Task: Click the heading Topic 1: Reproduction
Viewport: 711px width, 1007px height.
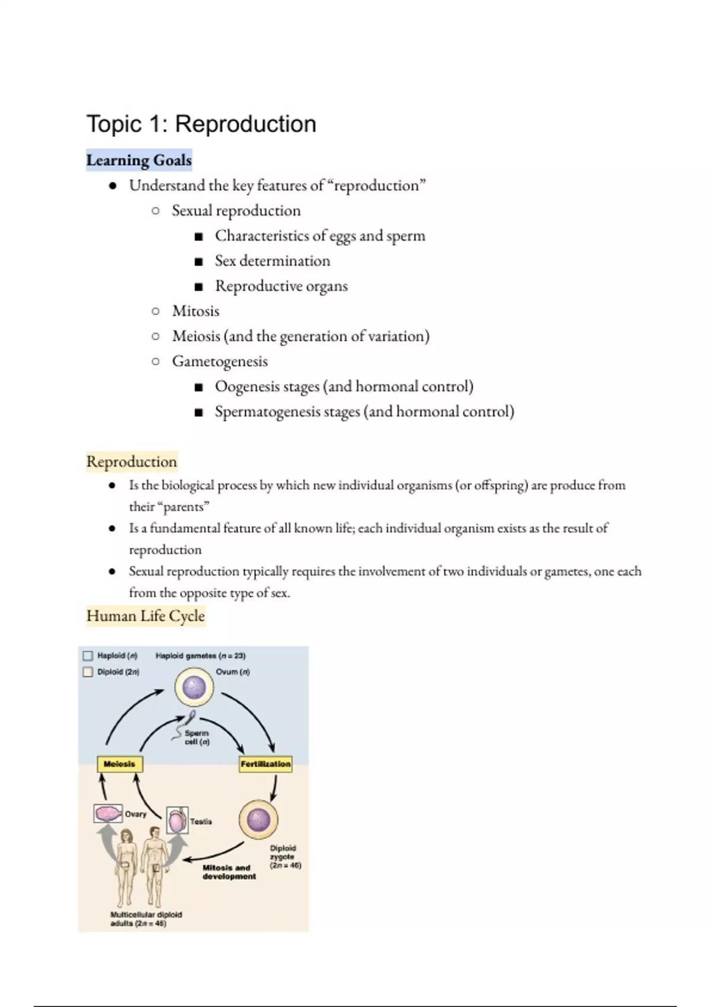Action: tap(201, 124)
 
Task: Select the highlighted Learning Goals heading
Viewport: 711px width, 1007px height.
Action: tap(139, 161)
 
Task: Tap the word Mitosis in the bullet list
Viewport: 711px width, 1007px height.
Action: tap(196, 311)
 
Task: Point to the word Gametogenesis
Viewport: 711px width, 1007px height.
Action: tap(220, 361)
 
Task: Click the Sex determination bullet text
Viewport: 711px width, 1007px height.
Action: tap(273, 261)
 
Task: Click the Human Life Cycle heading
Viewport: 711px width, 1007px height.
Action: tap(146, 616)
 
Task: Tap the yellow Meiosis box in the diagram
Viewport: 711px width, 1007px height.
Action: tap(120, 764)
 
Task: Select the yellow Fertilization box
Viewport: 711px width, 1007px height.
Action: tap(265, 764)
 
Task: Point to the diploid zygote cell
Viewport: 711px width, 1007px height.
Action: tap(258, 820)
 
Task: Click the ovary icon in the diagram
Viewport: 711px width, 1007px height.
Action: tap(108, 813)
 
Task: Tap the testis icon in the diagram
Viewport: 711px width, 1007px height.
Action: tap(177, 821)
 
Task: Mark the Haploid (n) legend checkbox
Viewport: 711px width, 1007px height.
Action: tap(88, 656)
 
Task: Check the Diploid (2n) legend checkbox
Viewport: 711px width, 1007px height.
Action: tap(88, 672)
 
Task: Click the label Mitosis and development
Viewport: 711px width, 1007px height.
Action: tap(229, 872)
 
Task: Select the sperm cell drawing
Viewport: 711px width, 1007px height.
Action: tap(184, 727)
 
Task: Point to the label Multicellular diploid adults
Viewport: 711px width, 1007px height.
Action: tap(146, 919)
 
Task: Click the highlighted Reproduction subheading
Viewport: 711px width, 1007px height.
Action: tap(132, 462)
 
